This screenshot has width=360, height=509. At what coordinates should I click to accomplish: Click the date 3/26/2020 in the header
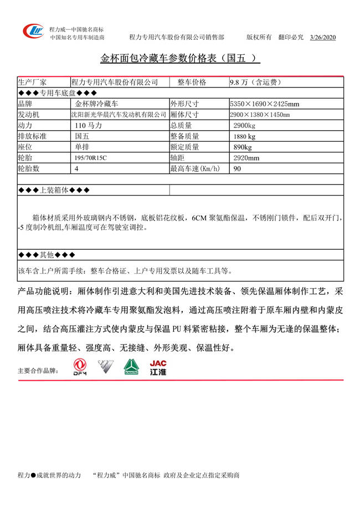tap(323, 37)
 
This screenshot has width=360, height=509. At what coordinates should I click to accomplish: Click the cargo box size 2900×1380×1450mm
tap(260, 115)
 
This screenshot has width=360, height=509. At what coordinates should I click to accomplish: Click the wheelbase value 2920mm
tap(246, 158)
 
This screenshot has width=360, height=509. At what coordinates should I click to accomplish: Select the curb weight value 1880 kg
tap(244, 136)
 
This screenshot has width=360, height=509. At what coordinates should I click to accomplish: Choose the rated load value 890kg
tap(243, 147)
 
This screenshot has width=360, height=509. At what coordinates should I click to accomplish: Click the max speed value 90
tap(237, 169)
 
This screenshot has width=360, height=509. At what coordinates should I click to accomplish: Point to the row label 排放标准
tap(33, 136)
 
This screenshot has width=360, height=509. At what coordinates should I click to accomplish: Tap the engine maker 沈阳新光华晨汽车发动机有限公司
tap(119, 115)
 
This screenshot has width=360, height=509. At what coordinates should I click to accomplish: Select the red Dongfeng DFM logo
tap(81, 367)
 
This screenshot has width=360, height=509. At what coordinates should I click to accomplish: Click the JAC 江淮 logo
tap(158, 368)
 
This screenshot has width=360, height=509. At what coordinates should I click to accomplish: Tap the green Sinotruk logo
tap(131, 367)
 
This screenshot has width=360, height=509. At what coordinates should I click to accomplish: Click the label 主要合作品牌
tap(38, 371)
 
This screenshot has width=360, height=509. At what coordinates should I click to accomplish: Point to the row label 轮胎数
tap(29, 169)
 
